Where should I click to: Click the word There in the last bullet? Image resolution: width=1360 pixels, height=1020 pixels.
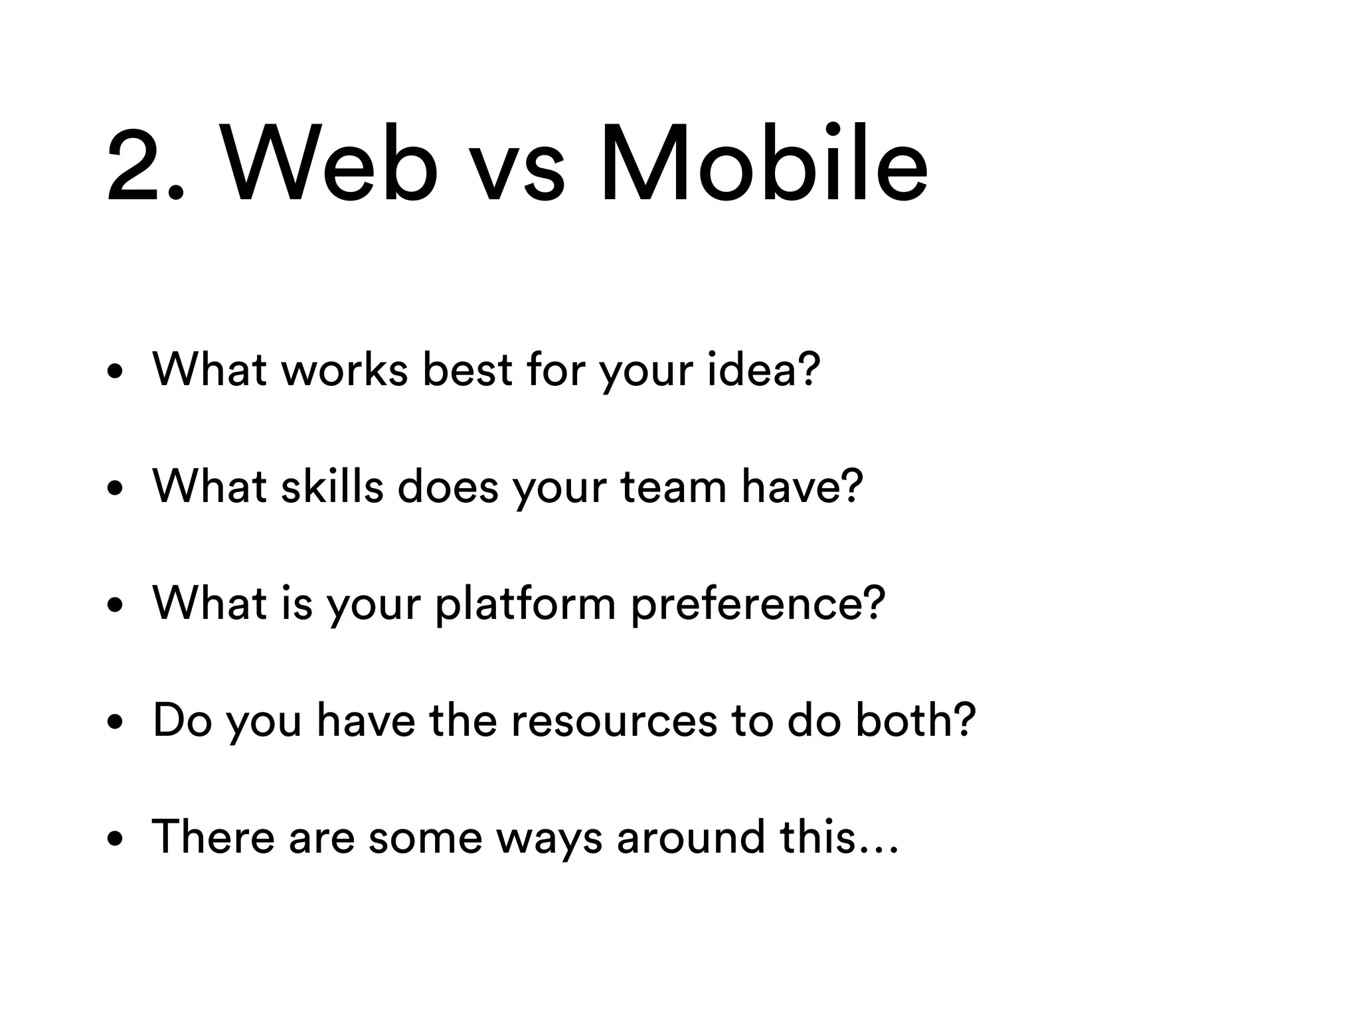[213, 837]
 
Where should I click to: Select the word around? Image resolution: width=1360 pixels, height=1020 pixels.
[691, 837]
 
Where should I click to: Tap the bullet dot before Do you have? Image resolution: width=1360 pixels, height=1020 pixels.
[116, 722]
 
